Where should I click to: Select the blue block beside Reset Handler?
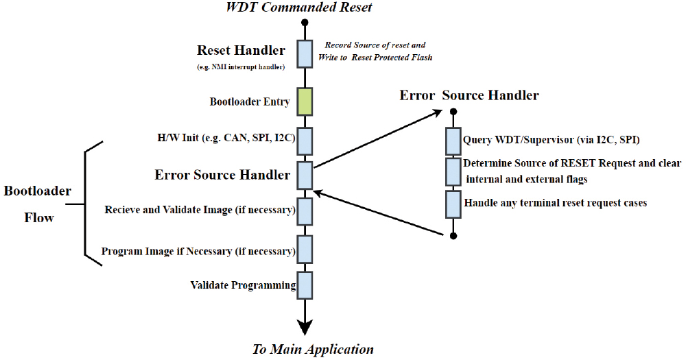[305, 53]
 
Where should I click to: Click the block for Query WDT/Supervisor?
[453, 141]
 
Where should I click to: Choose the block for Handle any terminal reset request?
[453, 204]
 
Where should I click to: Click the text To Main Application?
[313, 349]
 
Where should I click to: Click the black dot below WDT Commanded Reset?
[305, 23]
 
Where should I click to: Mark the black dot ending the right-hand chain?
[453, 236]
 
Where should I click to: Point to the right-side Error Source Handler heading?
[469, 95]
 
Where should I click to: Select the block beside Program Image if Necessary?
[305, 250]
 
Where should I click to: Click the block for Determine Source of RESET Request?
[453, 171]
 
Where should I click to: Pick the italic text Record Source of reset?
[375, 45]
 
